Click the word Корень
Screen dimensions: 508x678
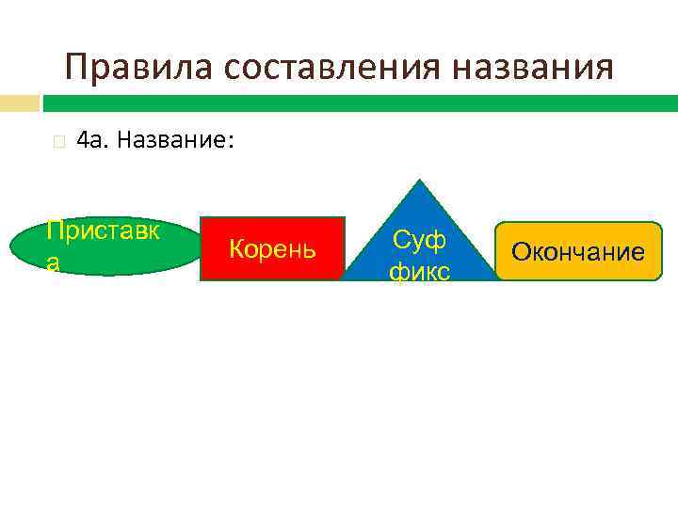[272, 250]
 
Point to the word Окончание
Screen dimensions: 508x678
[578, 252]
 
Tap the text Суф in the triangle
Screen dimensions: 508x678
[420, 241]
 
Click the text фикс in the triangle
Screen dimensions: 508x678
[420, 271]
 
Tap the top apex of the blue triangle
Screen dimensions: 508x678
[420, 183]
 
